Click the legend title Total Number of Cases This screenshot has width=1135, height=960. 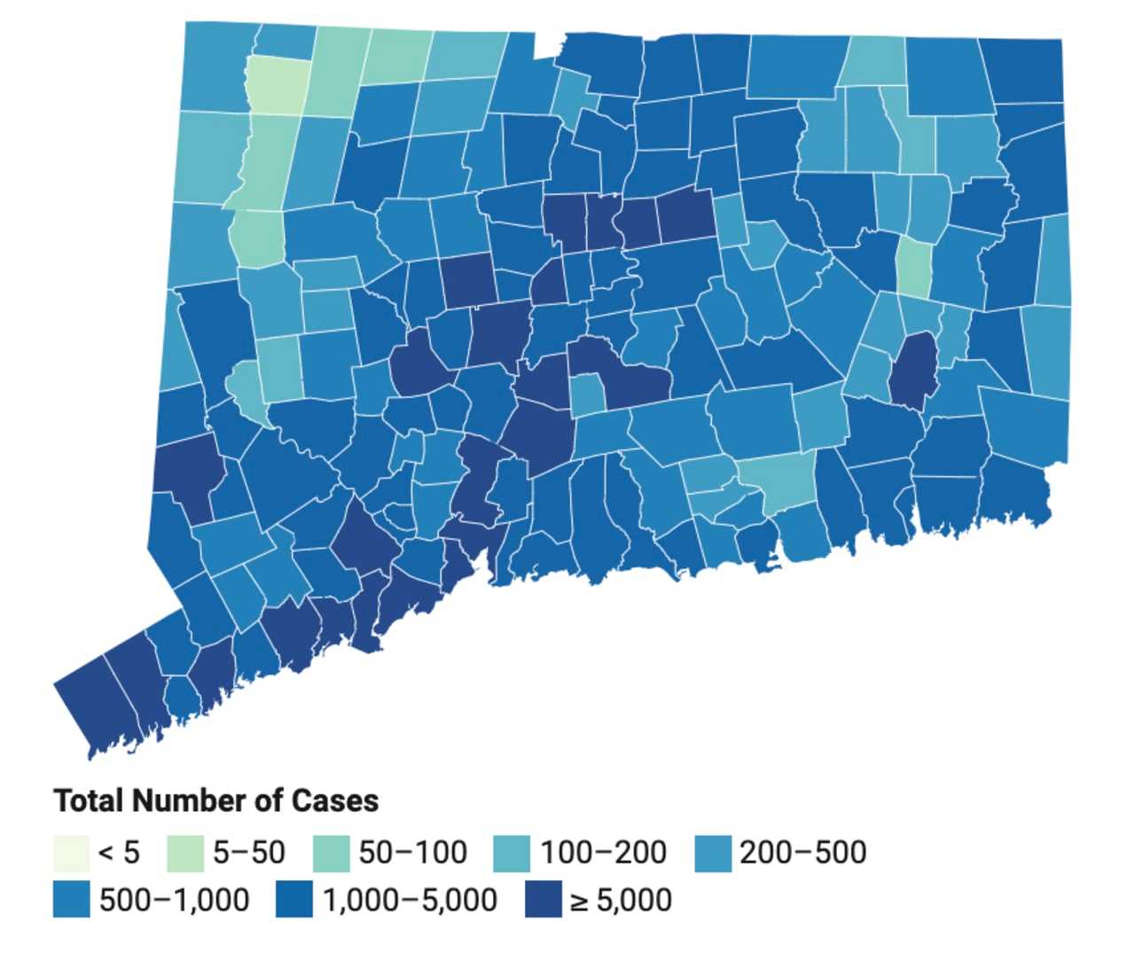click(x=216, y=800)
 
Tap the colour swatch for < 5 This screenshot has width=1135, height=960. click(x=71, y=853)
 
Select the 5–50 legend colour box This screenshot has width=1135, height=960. click(x=184, y=853)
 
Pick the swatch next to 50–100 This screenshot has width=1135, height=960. click(x=332, y=853)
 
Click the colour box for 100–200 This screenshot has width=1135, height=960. click(x=512, y=853)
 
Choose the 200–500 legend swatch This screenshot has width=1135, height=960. click(x=713, y=853)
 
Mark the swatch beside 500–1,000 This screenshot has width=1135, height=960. click(x=71, y=900)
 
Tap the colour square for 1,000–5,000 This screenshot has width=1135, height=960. click(x=294, y=900)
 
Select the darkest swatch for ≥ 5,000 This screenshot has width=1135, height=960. click(x=544, y=900)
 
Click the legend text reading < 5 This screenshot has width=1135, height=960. click(x=119, y=853)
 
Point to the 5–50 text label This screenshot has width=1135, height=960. click(x=249, y=853)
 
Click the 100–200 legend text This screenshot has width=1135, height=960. click(x=603, y=853)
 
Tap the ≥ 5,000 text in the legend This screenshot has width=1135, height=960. click(x=621, y=901)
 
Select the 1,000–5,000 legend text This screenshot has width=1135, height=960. click(x=410, y=901)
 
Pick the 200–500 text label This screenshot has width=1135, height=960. click(x=802, y=853)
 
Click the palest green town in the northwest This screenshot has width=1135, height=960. click(x=278, y=85)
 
